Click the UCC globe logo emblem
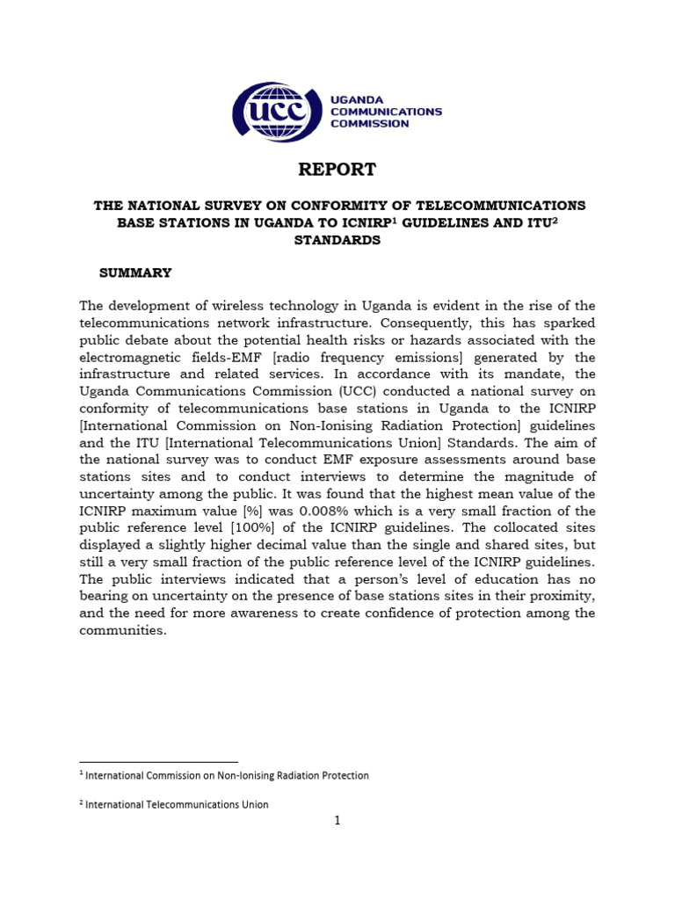pyautogui.click(x=272, y=112)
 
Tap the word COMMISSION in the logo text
pyautogui.click(x=370, y=124)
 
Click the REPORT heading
pyautogui.click(x=337, y=170)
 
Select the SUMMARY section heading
pyautogui.click(x=135, y=273)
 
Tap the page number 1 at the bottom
pyautogui.click(x=337, y=821)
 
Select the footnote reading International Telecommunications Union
pyautogui.click(x=177, y=804)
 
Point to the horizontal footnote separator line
pyautogui.click(x=158, y=762)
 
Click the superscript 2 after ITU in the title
pyautogui.click(x=555, y=220)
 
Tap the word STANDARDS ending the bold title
pyautogui.click(x=337, y=240)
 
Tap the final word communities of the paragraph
pyautogui.click(x=122, y=630)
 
